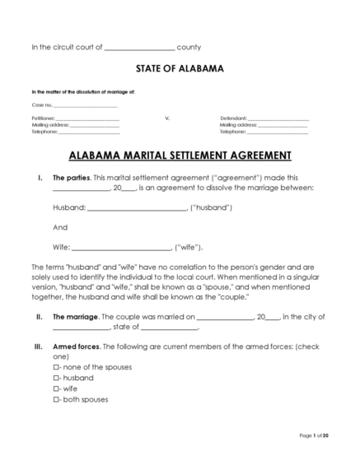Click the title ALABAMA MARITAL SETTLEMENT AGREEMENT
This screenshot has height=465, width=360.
(x=180, y=155)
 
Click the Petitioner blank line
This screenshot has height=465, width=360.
(x=86, y=119)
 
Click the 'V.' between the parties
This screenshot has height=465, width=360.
(x=167, y=119)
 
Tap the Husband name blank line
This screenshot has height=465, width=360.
(x=137, y=208)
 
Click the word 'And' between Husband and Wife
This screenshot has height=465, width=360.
(x=59, y=227)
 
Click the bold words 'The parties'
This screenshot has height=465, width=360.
(x=72, y=178)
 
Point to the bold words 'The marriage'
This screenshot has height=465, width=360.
(x=75, y=316)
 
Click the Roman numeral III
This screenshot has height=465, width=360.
(x=38, y=346)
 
